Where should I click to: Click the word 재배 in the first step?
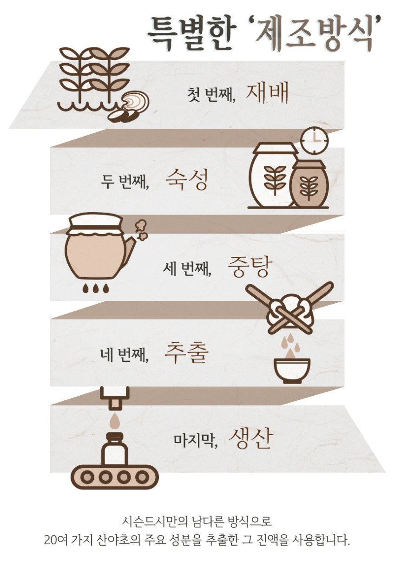[267, 93]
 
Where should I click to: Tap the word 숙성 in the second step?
[187, 179]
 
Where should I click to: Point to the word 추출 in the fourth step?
[186, 353]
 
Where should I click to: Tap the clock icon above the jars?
[315, 140]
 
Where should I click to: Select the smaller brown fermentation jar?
[309, 183]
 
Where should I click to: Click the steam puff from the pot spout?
[141, 230]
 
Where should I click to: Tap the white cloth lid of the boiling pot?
[96, 222]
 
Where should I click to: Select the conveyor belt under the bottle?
[115, 477]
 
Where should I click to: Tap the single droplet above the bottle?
[115, 420]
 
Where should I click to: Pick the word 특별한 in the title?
[191, 33]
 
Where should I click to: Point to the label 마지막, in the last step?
[195, 440]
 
